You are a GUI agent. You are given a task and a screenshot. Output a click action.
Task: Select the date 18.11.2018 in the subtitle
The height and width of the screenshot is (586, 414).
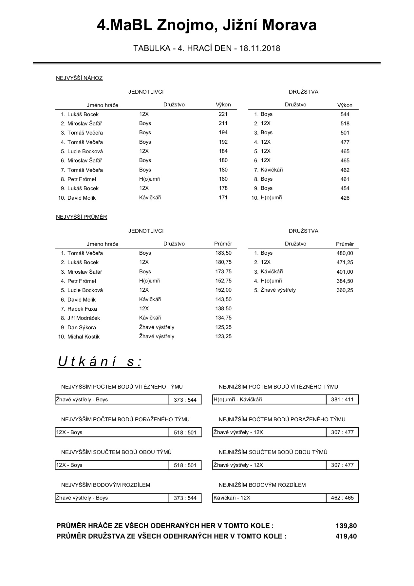click(x=260, y=48)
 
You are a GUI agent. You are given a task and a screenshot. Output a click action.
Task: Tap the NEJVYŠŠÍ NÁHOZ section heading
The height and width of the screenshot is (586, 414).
click(x=79, y=78)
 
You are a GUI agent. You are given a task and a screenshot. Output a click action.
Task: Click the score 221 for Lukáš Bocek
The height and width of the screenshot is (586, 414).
click(x=223, y=114)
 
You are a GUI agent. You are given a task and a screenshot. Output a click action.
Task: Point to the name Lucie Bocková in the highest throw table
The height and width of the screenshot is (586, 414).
click(x=85, y=152)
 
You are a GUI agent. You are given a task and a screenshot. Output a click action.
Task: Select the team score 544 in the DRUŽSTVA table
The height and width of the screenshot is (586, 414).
click(x=345, y=115)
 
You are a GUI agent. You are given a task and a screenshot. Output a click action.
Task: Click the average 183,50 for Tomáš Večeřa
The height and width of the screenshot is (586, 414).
click(x=223, y=253)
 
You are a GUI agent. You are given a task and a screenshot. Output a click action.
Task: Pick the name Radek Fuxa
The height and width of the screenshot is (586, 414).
click(x=82, y=309)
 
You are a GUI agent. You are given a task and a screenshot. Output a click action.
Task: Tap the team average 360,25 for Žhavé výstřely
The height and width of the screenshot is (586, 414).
click(x=345, y=290)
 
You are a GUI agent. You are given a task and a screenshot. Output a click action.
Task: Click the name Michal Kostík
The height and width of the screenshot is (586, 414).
click(x=84, y=337)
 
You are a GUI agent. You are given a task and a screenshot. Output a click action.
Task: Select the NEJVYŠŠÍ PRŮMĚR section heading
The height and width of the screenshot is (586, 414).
click(x=82, y=217)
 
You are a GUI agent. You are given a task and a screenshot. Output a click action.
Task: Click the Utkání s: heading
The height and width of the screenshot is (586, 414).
click(x=100, y=362)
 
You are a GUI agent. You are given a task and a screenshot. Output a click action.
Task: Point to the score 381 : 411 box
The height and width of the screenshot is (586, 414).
click(x=342, y=400)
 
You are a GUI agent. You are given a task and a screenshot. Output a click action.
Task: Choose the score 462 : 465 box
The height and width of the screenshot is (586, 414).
click(x=342, y=498)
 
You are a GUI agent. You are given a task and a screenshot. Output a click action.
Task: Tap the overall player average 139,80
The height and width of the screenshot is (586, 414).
click(x=346, y=526)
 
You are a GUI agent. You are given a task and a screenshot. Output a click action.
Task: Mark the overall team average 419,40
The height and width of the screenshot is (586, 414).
click(x=346, y=536)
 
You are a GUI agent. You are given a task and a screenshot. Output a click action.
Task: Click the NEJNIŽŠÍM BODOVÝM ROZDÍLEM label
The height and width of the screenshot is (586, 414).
click(x=262, y=485)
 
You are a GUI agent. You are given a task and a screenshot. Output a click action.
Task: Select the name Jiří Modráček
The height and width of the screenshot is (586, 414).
click(x=84, y=318)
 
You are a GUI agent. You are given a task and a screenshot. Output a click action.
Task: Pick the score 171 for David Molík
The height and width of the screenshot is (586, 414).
click(x=223, y=198)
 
